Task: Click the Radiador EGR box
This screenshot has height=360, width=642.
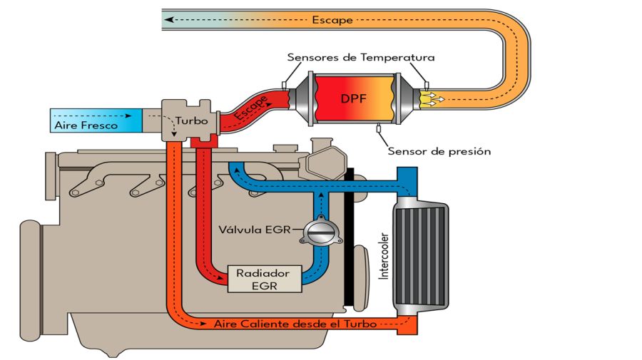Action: pos(263,279)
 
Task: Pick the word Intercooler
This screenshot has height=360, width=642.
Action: pos(384,254)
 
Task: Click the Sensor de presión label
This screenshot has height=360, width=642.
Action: pos(439,151)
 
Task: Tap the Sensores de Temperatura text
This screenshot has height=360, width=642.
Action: pos(360,57)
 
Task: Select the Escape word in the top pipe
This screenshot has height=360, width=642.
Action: pos(332,20)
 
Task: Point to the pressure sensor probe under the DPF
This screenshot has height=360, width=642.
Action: pos(379,128)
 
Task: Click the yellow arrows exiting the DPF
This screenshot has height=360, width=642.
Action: pos(432,99)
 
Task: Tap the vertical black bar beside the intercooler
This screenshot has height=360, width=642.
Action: pos(349,239)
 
